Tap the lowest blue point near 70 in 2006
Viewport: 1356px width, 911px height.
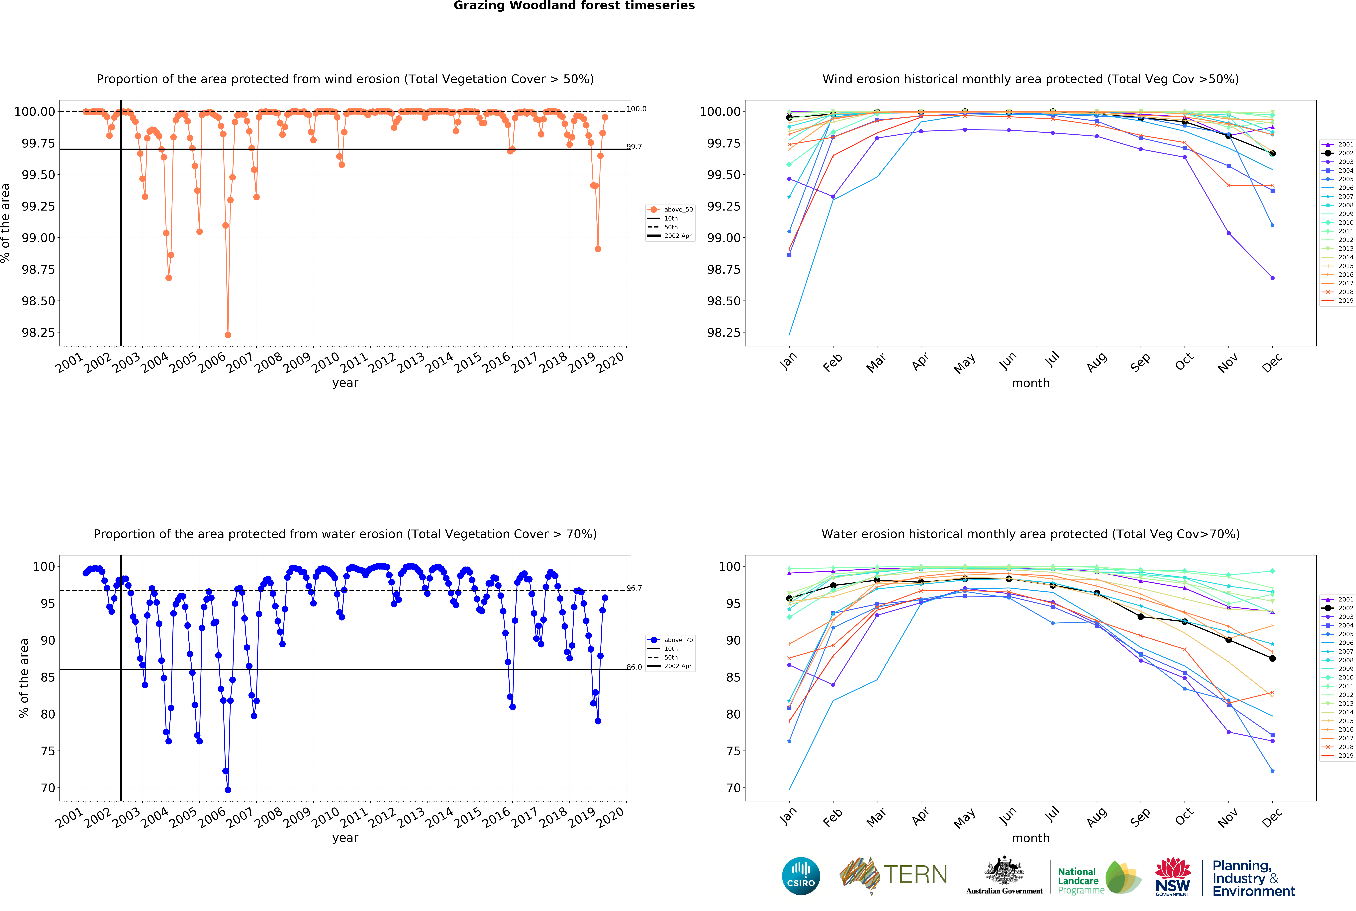228,790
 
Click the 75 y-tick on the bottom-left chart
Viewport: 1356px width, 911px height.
48,751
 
